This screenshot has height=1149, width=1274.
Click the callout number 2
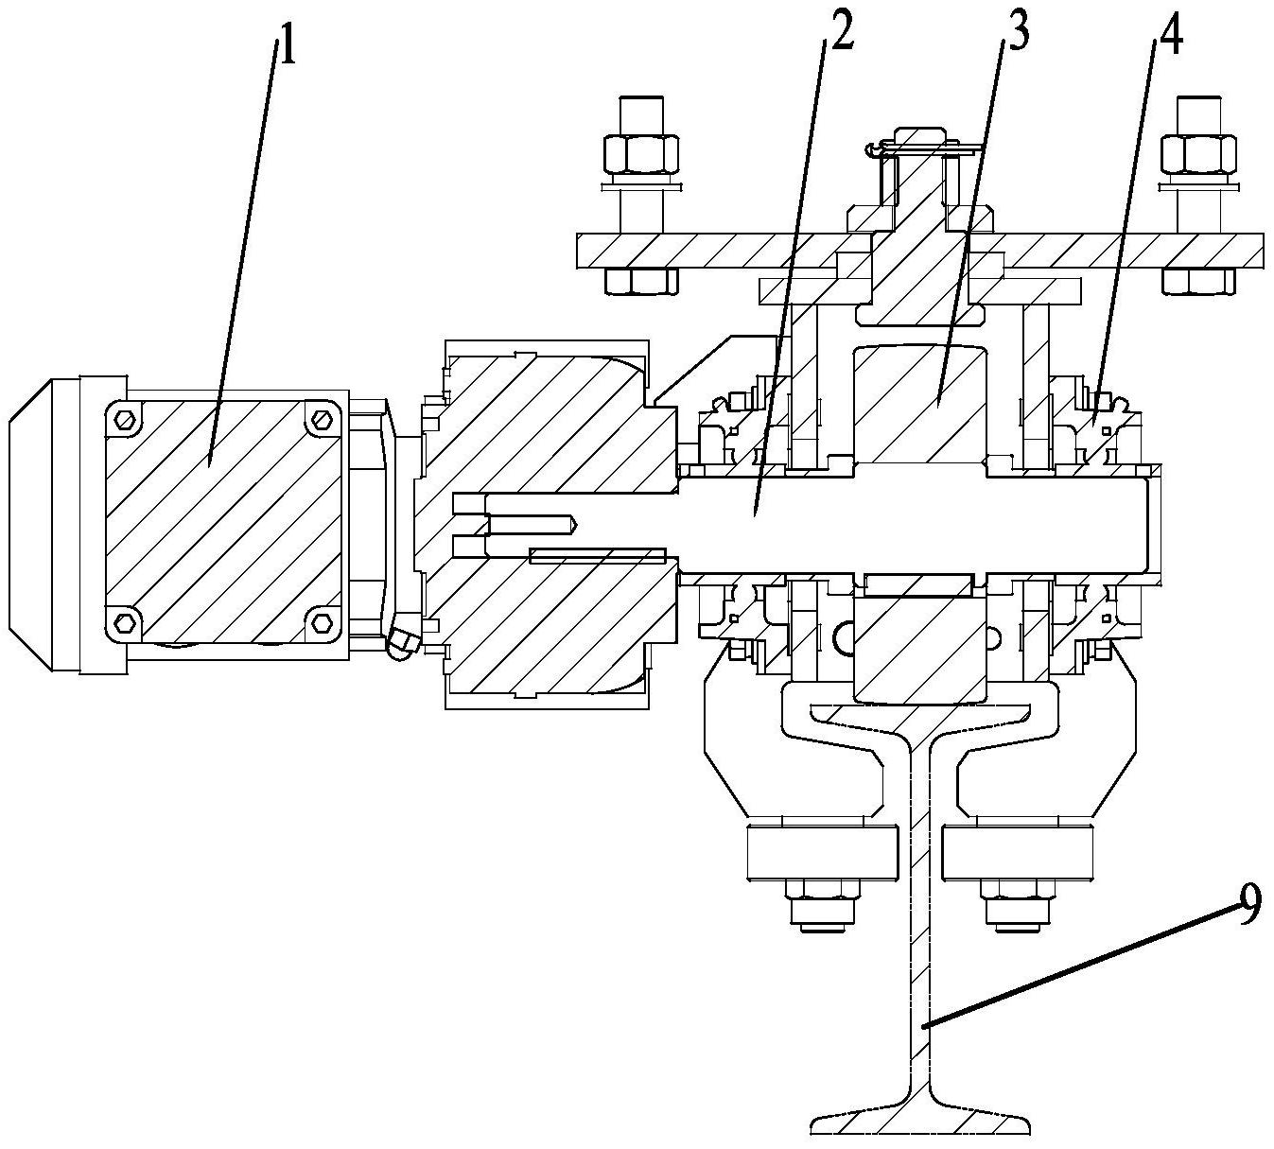(x=841, y=34)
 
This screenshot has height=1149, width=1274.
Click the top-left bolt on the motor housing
(x=126, y=419)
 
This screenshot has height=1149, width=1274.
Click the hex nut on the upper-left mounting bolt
(x=641, y=154)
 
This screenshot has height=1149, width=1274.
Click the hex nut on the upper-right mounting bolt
(x=1199, y=154)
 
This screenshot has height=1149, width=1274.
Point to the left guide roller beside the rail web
(x=824, y=852)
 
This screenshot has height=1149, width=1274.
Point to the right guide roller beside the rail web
(x=1018, y=852)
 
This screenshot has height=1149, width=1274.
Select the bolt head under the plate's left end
(x=641, y=281)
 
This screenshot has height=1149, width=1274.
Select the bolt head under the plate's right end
(x=1199, y=281)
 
